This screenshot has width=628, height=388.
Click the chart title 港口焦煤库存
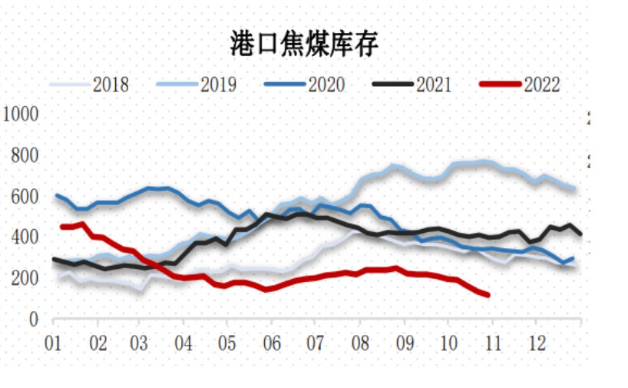pyautogui.click(x=305, y=45)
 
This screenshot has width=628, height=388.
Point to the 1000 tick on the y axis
pyautogui.click(x=21, y=115)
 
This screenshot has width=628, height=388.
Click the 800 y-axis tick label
pyautogui.click(x=25, y=156)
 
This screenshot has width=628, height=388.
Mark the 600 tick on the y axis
pyautogui.click(x=25, y=197)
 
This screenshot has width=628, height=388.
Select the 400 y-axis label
pyautogui.click(x=25, y=237)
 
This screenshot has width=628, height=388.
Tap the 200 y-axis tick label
pyautogui.click(x=25, y=278)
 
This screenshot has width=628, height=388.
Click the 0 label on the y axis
pyautogui.click(x=33, y=320)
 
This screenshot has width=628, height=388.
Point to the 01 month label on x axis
pyautogui.click(x=54, y=342)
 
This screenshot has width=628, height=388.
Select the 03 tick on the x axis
pyautogui.click(x=140, y=342)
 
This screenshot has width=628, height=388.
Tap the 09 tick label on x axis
pyautogui.click(x=405, y=342)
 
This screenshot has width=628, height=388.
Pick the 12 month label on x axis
pyautogui.click(x=539, y=342)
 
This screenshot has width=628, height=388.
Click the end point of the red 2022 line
pyautogui.click(x=488, y=295)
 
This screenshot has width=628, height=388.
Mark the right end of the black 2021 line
pyautogui.click(x=580, y=234)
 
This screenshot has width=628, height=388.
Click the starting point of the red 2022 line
pyautogui.click(x=63, y=227)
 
